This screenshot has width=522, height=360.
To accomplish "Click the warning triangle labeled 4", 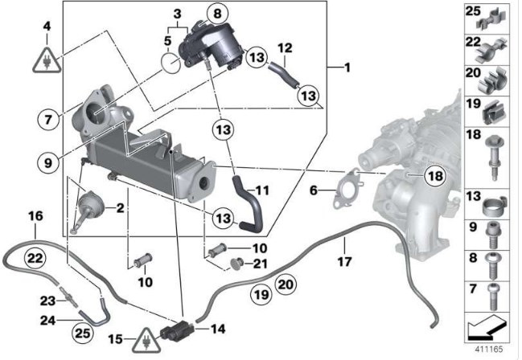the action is point(47,61).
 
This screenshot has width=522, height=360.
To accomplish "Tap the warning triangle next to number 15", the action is point(146,341).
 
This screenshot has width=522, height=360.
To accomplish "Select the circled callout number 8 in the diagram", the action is point(217,14).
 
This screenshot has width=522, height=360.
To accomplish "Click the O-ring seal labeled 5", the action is point(171,63).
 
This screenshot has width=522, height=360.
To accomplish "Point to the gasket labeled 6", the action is point(347,189).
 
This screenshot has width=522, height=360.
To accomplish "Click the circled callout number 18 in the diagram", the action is point(435,175).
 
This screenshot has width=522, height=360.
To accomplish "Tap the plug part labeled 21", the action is point(237,264).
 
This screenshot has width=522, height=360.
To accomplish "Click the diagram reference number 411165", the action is point(489,350).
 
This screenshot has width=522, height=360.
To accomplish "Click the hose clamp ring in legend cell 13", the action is point(494,206).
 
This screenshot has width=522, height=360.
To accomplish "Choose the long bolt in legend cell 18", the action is point(495,157).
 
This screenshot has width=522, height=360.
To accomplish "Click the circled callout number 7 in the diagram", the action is point(48,119).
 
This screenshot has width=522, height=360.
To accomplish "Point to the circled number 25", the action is point(83,333).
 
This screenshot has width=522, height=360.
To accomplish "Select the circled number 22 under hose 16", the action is point(35,257).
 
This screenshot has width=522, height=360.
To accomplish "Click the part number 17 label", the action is point(344,261).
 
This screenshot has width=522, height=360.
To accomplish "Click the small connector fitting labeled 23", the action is point(70,298).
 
